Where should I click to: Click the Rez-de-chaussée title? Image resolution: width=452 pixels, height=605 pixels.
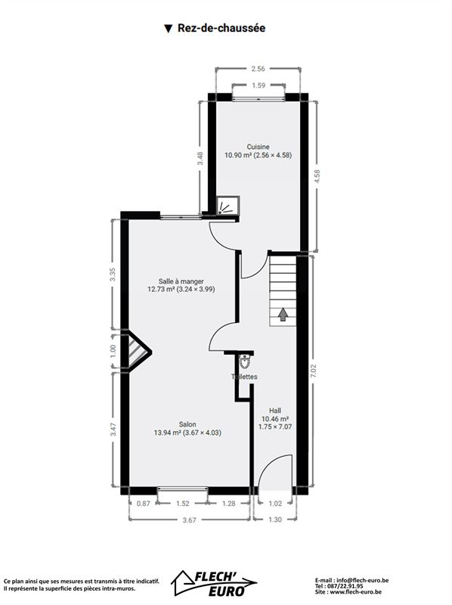click(221, 28)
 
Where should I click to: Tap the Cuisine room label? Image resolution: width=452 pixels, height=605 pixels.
click(258, 147)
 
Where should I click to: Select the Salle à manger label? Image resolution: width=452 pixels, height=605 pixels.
click(181, 281)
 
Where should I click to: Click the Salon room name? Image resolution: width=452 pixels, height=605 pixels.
click(187, 424)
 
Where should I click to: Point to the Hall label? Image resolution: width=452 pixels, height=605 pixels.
click(275, 411)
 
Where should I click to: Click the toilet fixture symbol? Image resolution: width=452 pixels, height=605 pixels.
click(244, 361)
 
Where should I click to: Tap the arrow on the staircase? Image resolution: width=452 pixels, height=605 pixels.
click(283, 314)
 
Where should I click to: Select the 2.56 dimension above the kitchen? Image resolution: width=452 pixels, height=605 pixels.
click(258, 69)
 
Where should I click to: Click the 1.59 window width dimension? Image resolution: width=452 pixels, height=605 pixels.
click(259, 85)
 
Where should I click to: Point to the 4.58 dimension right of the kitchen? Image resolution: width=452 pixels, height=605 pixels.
click(317, 176)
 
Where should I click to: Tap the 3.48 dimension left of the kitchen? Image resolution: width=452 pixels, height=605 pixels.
click(200, 158)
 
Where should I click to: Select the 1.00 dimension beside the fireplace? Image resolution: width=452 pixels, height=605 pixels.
click(113, 351)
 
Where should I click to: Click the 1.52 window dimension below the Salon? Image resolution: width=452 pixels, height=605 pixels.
click(183, 503)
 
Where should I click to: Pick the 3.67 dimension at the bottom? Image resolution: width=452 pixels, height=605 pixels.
click(190, 520)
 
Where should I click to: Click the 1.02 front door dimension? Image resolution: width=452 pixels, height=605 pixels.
click(275, 503)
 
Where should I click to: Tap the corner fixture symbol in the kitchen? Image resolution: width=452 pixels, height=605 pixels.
click(228, 205)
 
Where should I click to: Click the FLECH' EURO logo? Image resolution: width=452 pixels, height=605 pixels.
click(215, 583)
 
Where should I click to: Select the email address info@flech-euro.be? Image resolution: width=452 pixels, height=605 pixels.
click(363, 580)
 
